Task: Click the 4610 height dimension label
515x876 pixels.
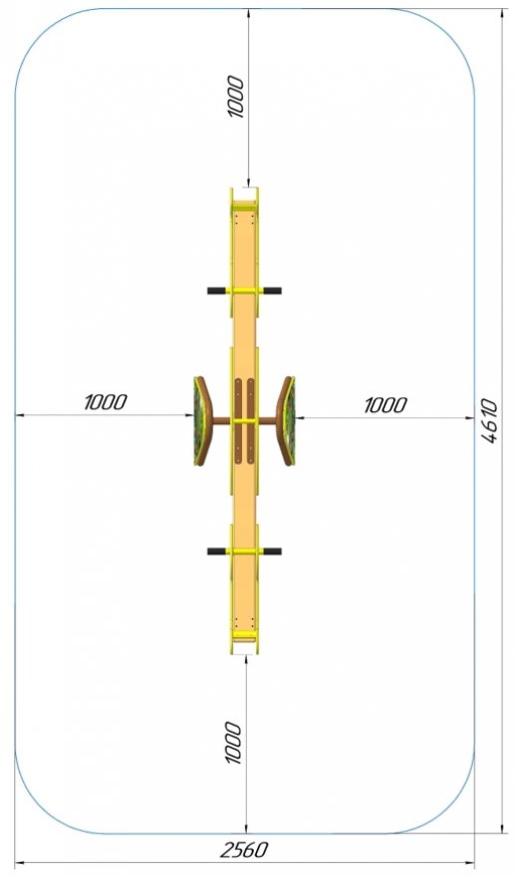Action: tap(489, 421)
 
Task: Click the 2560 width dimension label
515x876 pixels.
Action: tap(244, 850)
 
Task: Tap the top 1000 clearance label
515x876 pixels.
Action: tap(236, 97)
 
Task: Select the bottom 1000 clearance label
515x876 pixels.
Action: tap(233, 743)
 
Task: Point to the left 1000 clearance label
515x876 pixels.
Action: tap(106, 402)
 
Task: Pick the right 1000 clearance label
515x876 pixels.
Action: tap(386, 405)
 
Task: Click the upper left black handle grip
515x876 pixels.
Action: tap(217, 291)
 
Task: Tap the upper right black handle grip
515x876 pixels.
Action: tap(272, 291)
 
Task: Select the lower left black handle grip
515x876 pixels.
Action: tap(217, 551)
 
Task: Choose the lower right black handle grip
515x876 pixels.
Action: tap(272, 551)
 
